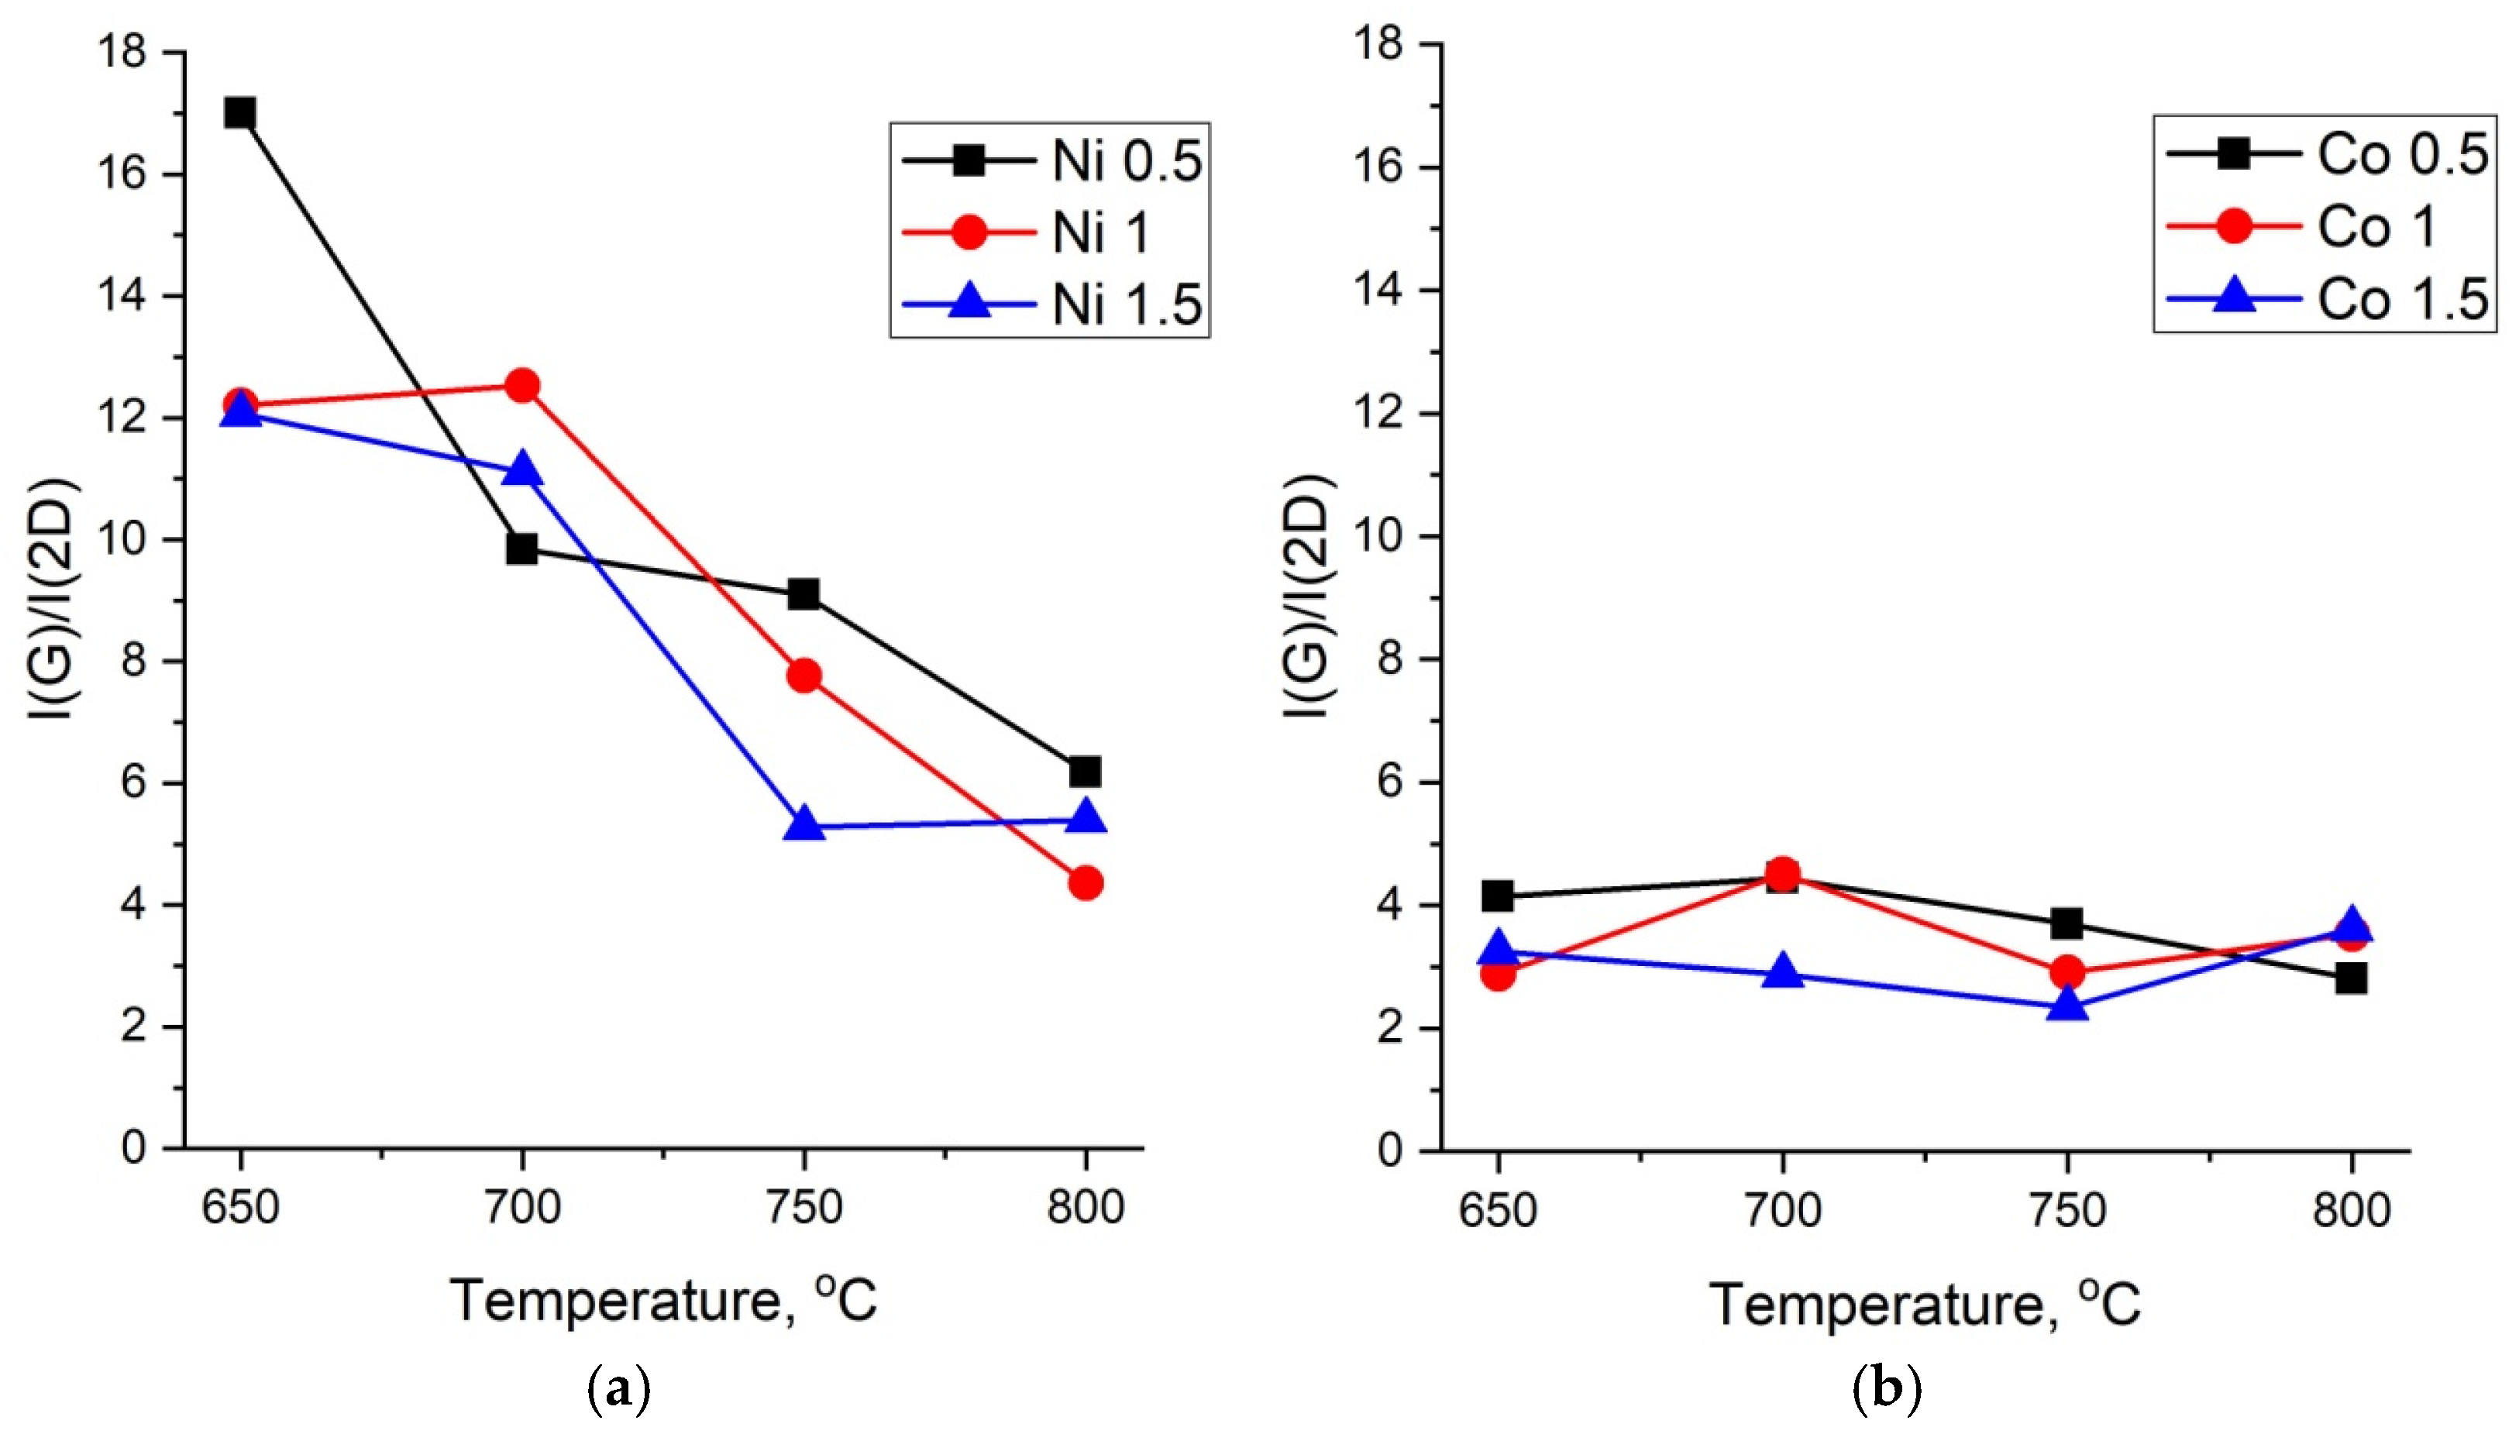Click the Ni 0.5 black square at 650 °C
click(239, 113)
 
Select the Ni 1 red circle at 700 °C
click(522, 385)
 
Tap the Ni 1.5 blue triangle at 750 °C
click(804, 824)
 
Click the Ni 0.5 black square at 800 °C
click(1084, 771)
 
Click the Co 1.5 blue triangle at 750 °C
click(2067, 1006)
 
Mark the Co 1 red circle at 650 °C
click(1498, 974)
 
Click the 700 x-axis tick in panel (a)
click(522, 1208)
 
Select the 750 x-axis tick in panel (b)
click(2067, 1209)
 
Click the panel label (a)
click(618, 1391)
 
